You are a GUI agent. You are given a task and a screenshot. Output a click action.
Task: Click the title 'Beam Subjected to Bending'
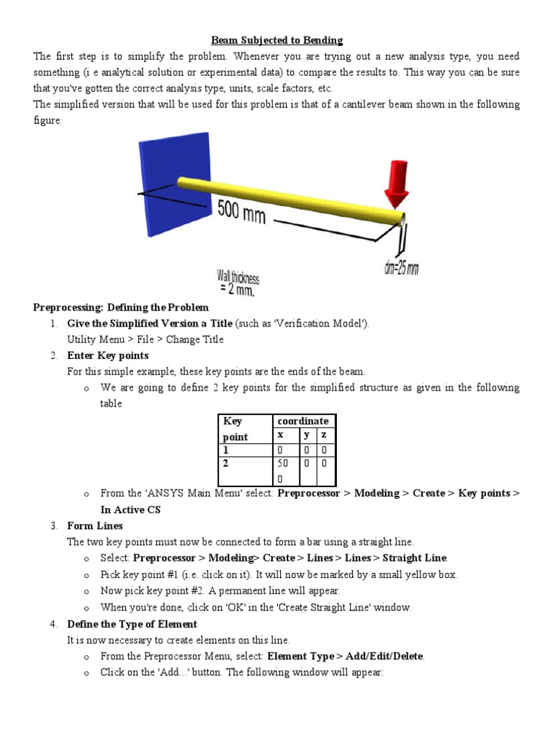[x=276, y=40]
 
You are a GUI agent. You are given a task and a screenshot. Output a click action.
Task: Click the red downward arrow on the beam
[x=396, y=179]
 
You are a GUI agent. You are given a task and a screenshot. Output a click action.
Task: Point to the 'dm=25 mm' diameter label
[x=401, y=268]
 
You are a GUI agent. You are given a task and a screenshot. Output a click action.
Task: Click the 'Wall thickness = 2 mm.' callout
[x=238, y=283]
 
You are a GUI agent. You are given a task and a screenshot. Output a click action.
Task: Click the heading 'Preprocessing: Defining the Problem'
[x=121, y=308]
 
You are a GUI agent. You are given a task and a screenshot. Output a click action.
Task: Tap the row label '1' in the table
[x=226, y=450]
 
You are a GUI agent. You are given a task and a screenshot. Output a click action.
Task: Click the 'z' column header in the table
[x=324, y=435]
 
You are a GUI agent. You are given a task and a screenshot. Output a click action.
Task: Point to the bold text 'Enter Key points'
[x=108, y=355]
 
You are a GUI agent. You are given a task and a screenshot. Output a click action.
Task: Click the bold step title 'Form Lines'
[x=95, y=525]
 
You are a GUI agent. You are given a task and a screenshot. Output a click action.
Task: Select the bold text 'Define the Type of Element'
[x=132, y=624]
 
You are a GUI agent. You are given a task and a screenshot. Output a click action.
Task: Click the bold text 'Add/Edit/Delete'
[x=385, y=657]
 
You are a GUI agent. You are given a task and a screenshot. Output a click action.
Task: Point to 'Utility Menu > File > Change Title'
[x=145, y=339]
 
